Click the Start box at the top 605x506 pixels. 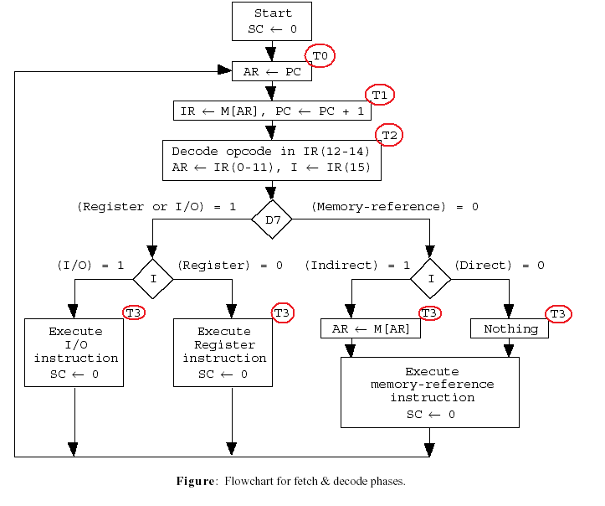click(271, 21)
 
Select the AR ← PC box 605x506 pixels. click(271, 72)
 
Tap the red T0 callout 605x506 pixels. click(320, 56)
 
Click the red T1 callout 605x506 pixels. click(380, 96)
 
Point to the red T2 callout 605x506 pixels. click(390, 135)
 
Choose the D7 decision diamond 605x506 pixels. click(271, 220)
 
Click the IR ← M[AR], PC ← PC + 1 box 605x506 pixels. click(271, 111)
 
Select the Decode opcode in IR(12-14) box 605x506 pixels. click(271, 159)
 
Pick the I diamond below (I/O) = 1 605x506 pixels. click(153, 279)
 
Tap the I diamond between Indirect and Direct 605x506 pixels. click(431, 279)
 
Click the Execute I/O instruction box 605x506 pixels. click(74, 352)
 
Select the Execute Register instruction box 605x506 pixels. click(223, 352)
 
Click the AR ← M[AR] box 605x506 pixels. click(371, 328)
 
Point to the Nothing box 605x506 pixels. click(510, 328)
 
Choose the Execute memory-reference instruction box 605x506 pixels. click(430, 392)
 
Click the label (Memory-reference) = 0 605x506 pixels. click(395, 206)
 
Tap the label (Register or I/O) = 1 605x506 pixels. click(156, 206)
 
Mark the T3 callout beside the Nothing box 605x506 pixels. click(559, 313)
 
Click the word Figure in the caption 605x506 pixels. click(195, 481)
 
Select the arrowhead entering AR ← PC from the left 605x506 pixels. click(224, 70)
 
